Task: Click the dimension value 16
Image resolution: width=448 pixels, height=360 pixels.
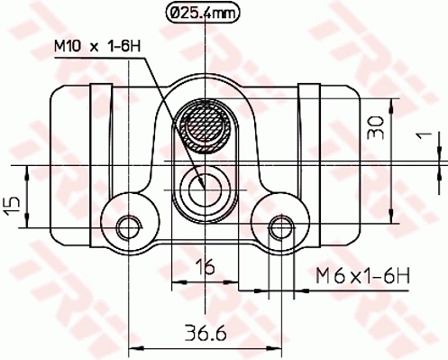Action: pos(206,266)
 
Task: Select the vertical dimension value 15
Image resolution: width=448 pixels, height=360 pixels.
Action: pos(11,206)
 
